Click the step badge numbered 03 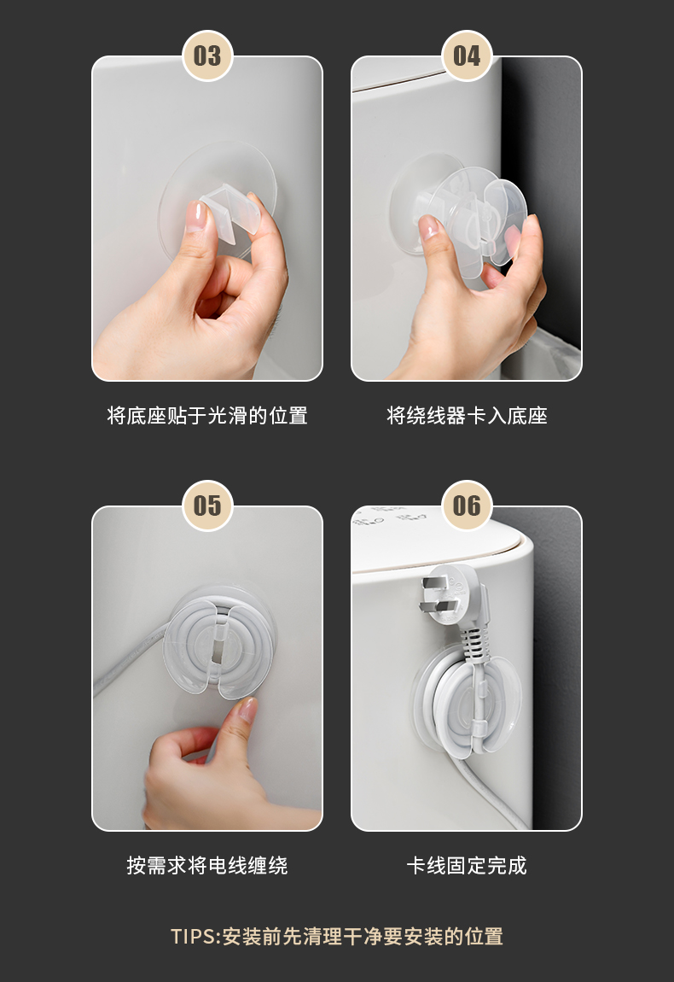click(207, 56)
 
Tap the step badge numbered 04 click(467, 56)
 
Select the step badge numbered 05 click(207, 506)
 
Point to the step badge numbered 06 click(467, 506)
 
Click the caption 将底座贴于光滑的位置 click(207, 416)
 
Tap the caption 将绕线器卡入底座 click(467, 416)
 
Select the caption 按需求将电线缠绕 click(207, 866)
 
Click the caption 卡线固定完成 click(467, 866)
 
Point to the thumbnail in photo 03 click(196, 216)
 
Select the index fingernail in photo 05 click(247, 709)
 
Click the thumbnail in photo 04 click(428, 226)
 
